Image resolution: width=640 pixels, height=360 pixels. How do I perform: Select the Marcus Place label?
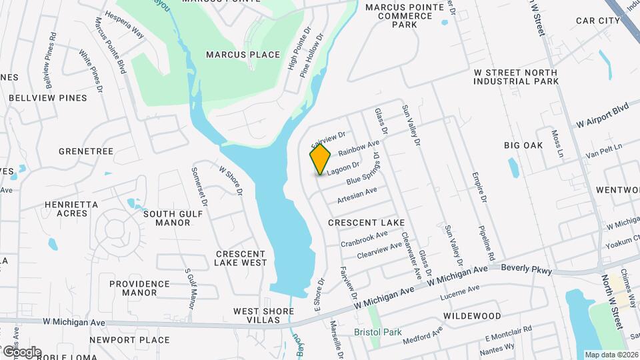[x=243, y=55]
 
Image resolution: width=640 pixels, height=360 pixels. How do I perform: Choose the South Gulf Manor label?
[x=168, y=218]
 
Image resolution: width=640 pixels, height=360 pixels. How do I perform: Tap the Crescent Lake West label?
[x=241, y=258]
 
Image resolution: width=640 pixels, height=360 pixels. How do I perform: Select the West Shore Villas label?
[x=263, y=315]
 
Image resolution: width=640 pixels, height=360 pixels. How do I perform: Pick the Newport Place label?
[x=129, y=340]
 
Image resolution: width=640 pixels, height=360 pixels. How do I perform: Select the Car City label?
[x=598, y=21]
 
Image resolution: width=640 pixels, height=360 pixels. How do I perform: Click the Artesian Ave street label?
[x=357, y=195]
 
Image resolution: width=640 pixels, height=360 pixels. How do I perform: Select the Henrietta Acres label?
[x=71, y=209]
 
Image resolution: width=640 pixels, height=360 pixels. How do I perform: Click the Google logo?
[x=21, y=351]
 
